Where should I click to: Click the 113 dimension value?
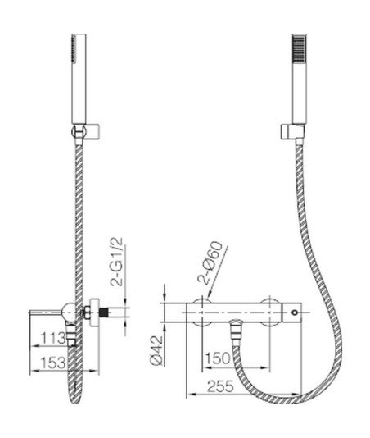click(53, 338)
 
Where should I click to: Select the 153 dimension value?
click(53, 363)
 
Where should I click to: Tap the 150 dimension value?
click(217, 358)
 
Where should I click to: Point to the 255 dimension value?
click(219, 386)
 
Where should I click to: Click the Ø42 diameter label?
click(156, 350)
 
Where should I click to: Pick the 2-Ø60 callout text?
click(210, 262)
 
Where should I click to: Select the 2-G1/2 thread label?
click(116, 262)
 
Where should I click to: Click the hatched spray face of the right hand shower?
click(299, 48)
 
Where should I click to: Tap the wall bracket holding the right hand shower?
click(292, 132)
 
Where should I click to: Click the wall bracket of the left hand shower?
click(87, 131)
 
